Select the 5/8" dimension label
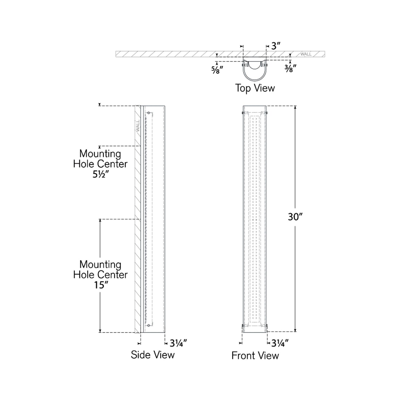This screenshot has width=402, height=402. pos(217,70)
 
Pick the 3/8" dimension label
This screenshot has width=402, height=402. pos(290,68)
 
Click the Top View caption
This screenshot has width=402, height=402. pos(255,88)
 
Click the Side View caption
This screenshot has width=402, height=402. pos(152,355)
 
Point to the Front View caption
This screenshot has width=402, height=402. pos(255,356)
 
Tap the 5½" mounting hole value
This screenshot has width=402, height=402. pos(100,174)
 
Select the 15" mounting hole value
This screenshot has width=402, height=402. pos(100,285)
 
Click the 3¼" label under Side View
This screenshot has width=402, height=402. pos(178,344)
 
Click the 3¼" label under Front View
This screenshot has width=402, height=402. pos(280,344)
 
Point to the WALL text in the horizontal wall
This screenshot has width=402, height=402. pos(306,54)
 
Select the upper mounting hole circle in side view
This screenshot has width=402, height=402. pos(149,113)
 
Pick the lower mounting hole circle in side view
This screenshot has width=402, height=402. pos(149,325)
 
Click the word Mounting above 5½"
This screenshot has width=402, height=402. pos(100,154)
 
